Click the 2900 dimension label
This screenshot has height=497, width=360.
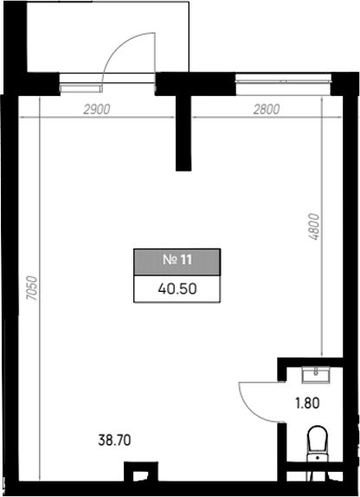pyautogui.click(x=97, y=109)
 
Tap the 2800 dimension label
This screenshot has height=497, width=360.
pyautogui.click(x=267, y=109)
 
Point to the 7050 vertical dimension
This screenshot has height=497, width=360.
pyautogui.click(x=32, y=288)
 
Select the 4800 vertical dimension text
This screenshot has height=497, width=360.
pyautogui.click(x=314, y=227)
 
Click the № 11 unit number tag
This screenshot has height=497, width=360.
pyautogui.click(x=177, y=261)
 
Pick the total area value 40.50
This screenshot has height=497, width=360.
pyautogui.click(x=177, y=288)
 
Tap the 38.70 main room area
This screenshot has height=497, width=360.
pyautogui.click(x=114, y=440)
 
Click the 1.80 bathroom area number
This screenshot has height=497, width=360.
pyautogui.click(x=307, y=403)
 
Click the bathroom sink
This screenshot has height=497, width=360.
pyautogui.click(x=316, y=375)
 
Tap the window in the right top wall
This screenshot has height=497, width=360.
pyautogui.click(x=283, y=84)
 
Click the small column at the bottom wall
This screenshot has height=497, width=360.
pyautogui.click(x=141, y=472)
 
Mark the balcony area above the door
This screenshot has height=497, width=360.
pyautogui.click(x=108, y=36)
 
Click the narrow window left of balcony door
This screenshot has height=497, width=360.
pyautogui.click(x=80, y=87)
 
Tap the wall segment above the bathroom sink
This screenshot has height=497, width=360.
pyautogui.click(x=310, y=362)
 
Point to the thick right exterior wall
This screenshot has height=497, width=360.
pyautogui.click(x=351, y=285)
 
